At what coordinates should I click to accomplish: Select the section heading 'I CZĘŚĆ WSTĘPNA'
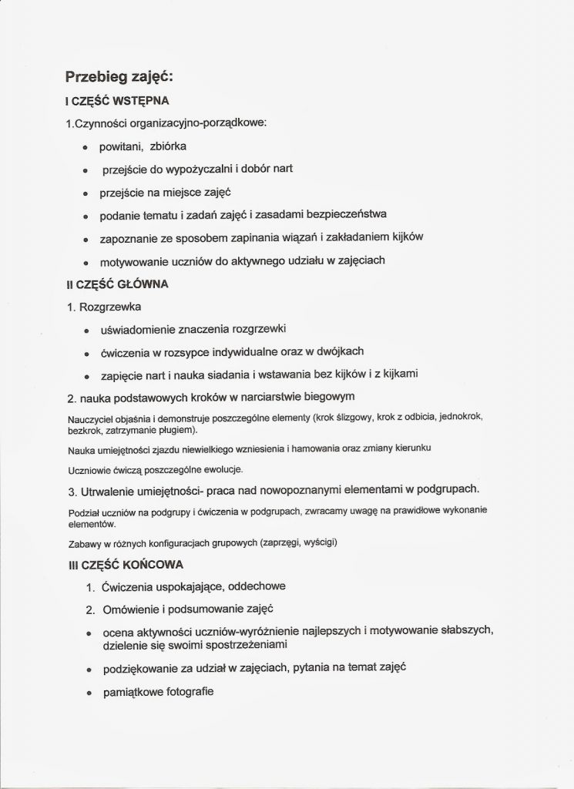(112, 101)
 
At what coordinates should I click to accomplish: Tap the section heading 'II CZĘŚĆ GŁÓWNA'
(117, 284)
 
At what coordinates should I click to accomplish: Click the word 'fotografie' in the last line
(186, 692)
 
